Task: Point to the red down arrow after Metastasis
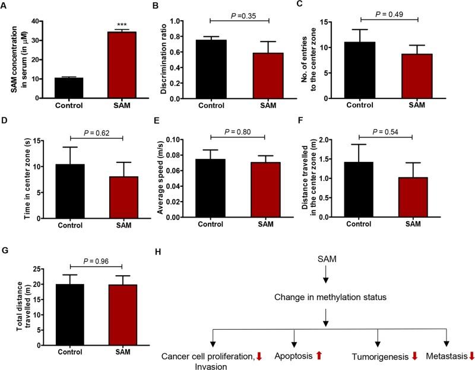pyautogui.click(x=471, y=356)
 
